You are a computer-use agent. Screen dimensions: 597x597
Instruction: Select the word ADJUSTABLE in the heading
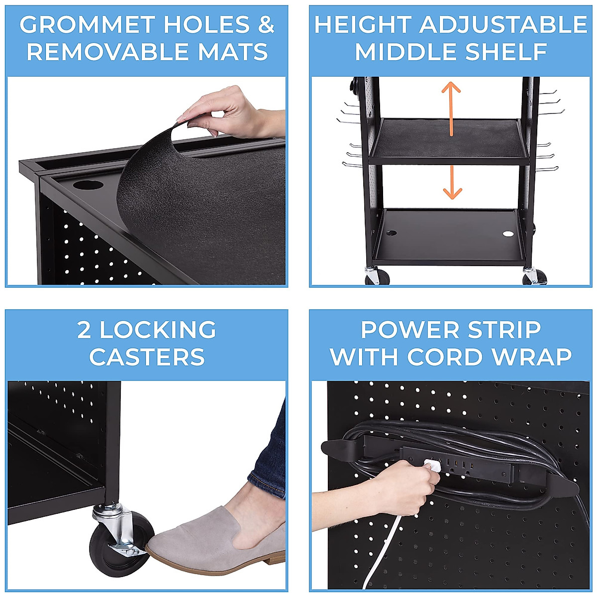click(x=503, y=25)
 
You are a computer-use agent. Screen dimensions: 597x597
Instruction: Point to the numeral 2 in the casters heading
click(x=84, y=330)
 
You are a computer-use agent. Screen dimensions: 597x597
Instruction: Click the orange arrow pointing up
click(x=451, y=107)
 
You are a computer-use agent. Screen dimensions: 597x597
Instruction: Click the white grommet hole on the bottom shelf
click(x=507, y=233)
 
